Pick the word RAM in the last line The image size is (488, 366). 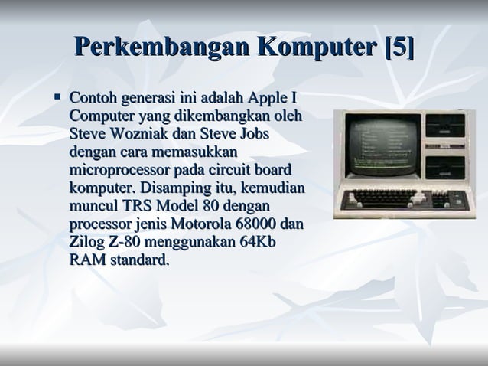(86, 261)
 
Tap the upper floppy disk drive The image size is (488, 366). (448, 134)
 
